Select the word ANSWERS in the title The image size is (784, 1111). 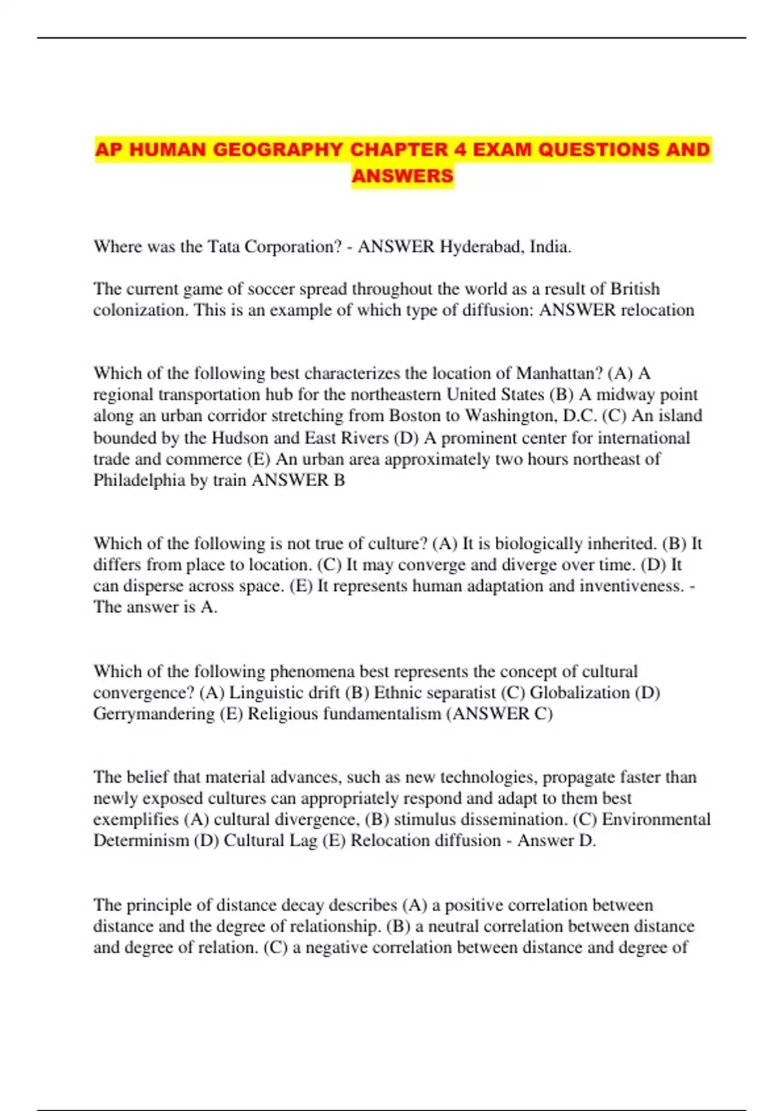402,176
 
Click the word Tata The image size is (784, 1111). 223,246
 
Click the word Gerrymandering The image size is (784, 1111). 154,714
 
